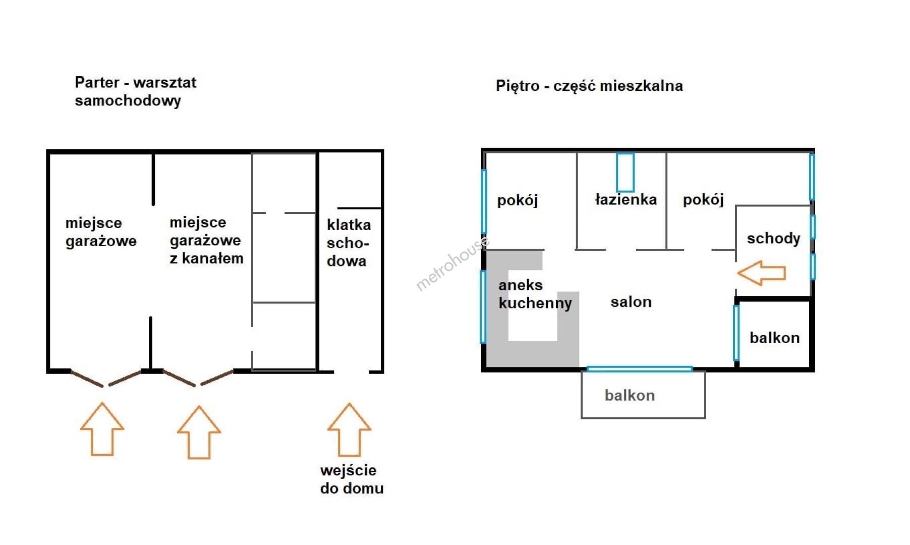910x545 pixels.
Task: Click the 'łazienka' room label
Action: (x=626, y=199)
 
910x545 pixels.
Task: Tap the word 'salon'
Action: (x=631, y=302)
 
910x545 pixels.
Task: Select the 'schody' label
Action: (x=773, y=239)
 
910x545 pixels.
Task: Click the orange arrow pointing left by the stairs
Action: (x=761, y=273)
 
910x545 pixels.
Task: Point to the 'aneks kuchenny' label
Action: (x=535, y=294)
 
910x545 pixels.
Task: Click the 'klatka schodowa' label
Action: (x=349, y=243)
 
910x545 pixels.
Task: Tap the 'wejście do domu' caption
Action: (x=352, y=479)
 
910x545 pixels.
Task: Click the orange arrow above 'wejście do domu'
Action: (x=349, y=429)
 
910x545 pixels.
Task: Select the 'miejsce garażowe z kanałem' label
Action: (x=206, y=240)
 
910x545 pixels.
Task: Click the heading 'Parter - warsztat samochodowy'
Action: (x=135, y=91)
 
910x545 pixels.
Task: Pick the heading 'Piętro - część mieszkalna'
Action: (x=589, y=86)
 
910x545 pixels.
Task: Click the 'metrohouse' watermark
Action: (x=452, y=263)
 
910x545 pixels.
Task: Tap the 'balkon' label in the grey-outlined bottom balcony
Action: (x=630, y=395)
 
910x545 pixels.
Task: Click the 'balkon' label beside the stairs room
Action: (x=774, y=338)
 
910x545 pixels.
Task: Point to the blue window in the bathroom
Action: (x=625, y=173)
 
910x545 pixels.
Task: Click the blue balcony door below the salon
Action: (x=640, y=369)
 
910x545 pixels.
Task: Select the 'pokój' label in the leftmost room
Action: (x=518, y=201)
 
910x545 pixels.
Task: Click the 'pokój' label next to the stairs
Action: (x=703, y=200)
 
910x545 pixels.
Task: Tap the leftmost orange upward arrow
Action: (x=102, y=429)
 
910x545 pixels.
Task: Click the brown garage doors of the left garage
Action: (x=106, y=378)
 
